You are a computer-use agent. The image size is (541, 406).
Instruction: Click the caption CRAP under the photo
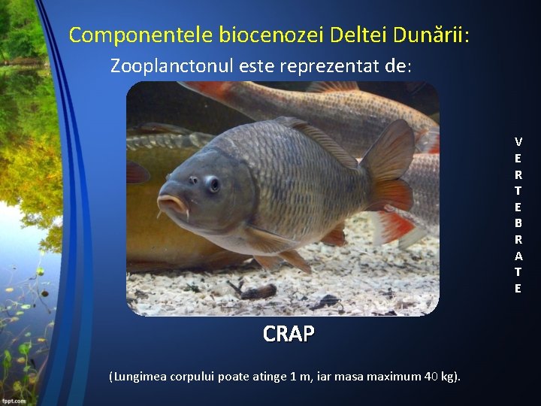tap(289, 334)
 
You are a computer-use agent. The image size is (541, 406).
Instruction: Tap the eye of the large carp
tap(213, 183)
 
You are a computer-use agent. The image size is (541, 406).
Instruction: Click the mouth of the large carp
tap(172, 203)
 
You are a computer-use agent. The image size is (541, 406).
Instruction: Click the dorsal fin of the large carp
tap(319, 139)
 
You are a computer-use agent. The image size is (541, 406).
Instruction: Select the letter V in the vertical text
tap(518, 141)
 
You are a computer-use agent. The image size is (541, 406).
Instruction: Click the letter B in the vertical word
tap(518, 223)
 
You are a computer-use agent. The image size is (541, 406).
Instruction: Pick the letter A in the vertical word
tap(518, 256)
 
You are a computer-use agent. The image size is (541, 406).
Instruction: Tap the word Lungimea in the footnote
tap(141, 376)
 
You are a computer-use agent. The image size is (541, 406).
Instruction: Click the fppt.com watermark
tap(14, 401)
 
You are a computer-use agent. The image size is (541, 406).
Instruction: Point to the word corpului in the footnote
tap(193, 376)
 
